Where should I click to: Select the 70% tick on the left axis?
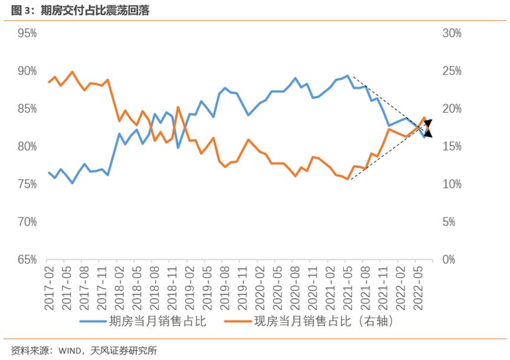[x=27, y=222]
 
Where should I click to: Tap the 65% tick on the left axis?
[x=27, y=260]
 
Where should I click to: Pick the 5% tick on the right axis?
[x=449, y=222]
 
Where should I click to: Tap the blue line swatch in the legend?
[x=93, y=322]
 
